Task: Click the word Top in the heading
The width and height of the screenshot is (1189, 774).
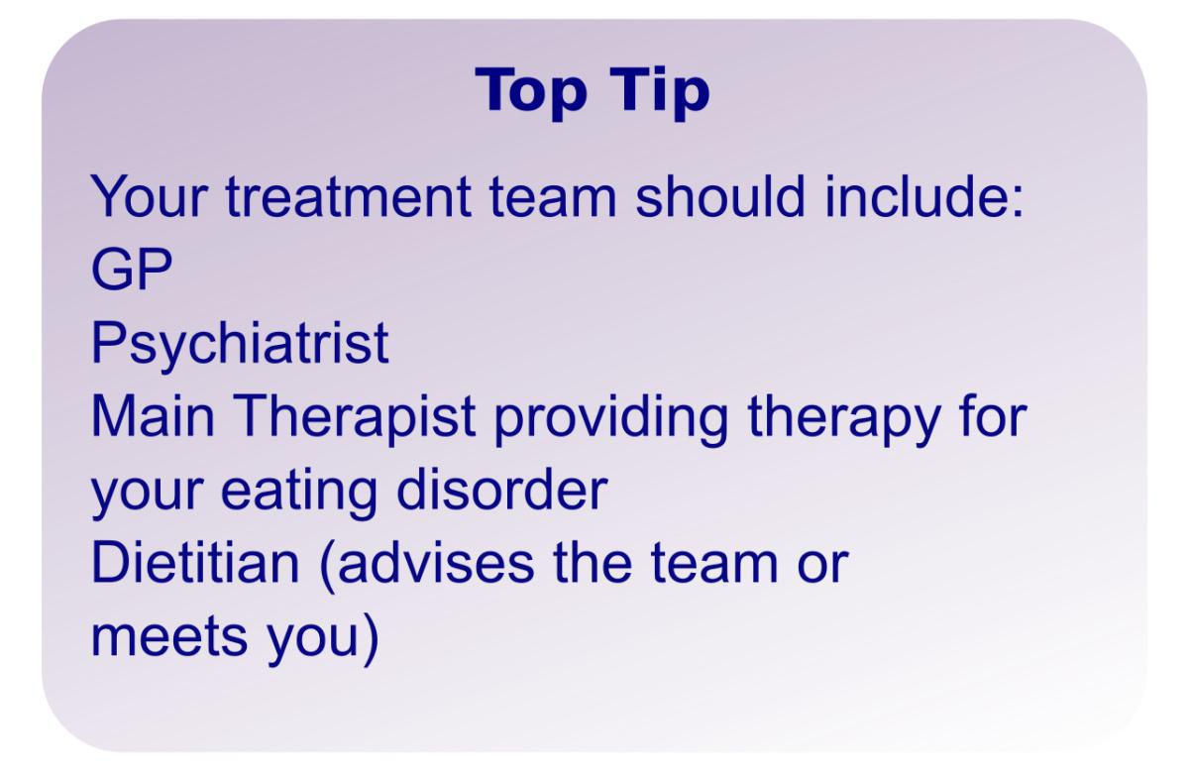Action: [x=531, y=91]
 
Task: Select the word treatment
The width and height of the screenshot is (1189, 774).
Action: [x=348, y=196]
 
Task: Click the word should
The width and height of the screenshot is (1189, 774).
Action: [x=719, y=195]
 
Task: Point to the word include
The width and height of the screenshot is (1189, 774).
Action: [x=918, y=195]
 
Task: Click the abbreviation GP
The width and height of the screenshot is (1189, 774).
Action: [x=132, y=269]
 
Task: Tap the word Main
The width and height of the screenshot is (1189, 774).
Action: [x=153, y=415]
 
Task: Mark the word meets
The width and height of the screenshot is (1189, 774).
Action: [x=169, y=637]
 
